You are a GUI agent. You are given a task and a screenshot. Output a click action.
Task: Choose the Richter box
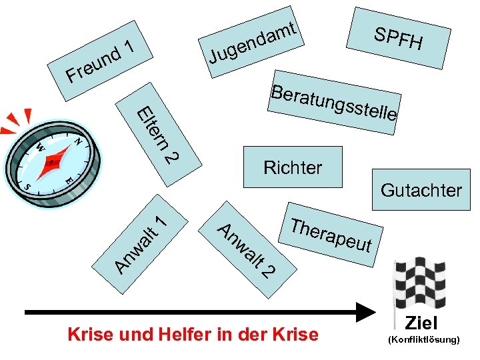tap(293, 167)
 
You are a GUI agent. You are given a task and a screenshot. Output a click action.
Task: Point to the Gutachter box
tap(421, 191)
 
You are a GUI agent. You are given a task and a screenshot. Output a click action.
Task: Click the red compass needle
tap(54, 163)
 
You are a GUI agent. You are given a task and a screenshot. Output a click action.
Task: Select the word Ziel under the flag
tap(422, 324)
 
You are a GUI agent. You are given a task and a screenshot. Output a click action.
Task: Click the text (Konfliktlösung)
tap(423, 340)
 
